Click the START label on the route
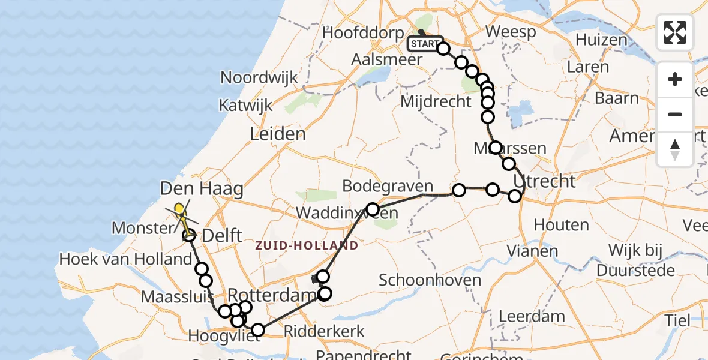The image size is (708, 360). point(425,44)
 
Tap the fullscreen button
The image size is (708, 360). point(675,32)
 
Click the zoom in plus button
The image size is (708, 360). point(675,79)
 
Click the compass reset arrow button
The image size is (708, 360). point(675,148)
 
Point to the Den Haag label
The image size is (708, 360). point(202,190)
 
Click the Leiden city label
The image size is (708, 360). point(278,133)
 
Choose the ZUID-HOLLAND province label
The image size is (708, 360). point(307,245)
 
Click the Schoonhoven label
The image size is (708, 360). point(430,280)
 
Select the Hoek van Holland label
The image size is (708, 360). point(125,259)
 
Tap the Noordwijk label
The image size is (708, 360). point(259,77)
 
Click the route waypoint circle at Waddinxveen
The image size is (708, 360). point(373,209)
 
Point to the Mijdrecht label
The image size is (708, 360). point(436,101)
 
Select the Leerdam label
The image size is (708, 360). point(532,316)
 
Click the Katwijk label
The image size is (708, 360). point(245,106)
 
